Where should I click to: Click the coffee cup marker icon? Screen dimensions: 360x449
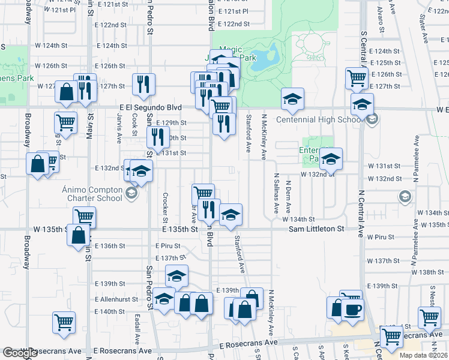[352, 310]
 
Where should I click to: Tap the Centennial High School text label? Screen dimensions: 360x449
[318, 119]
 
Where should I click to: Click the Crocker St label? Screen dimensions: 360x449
[164, 206]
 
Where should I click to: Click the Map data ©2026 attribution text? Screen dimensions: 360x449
[423, 355]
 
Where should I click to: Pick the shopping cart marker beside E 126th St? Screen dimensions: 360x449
[357, 77]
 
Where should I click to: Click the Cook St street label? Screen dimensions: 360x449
[134, 125]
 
